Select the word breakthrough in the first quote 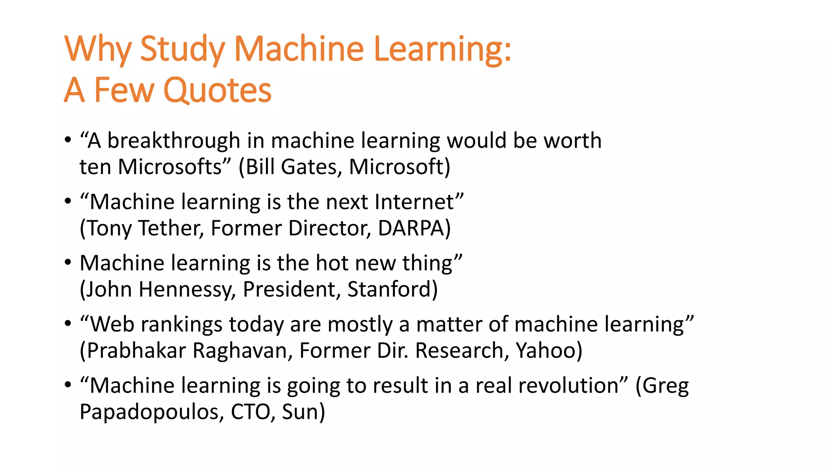click(174, 141)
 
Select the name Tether click(171, 228)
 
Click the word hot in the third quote click(331, 263)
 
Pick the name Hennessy click(187, 289)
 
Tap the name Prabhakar click(136, 351)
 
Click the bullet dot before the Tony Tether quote click(68, 201)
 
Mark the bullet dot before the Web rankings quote click(68, 324)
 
